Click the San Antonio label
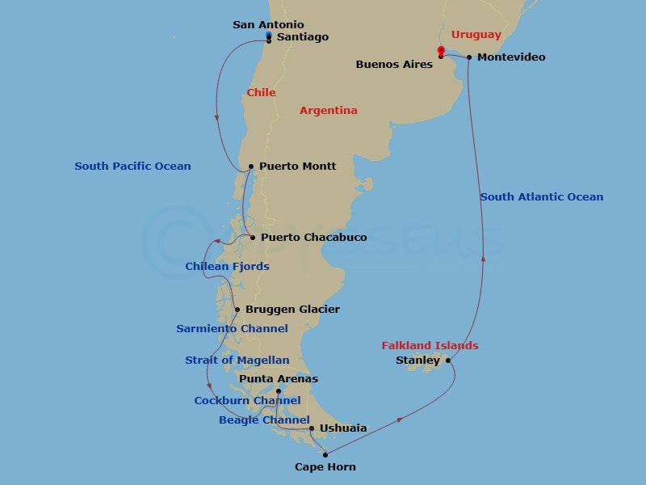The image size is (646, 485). click(x=268, y=25)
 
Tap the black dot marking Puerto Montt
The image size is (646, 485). click(x=251, y=167)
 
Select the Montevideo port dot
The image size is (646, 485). click(x=469, y=57)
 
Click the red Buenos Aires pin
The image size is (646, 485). click(x=440, y=51)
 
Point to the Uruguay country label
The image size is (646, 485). click(x=476, y=35)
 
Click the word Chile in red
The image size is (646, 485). click(x=261, y=93)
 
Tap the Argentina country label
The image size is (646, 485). click(x=328, y=110)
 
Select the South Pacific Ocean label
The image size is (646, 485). click(x=132, y=167)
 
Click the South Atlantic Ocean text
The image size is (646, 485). click(x=541, y=196)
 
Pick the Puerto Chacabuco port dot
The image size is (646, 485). click(x=253, y=238)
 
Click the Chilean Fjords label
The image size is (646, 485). click(x=227, y=266)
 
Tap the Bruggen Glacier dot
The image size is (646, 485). click(x=237, y=310)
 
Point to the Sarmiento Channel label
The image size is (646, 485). click(x=232, y=329)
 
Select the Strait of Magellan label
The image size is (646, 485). click(x=237, y=360)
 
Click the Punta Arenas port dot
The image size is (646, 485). click(x=279, y=391)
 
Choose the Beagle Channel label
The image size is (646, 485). click(x=264, y=420)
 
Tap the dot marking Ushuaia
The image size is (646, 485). click(x=312, y=429)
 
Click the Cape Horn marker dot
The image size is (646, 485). click(x=325, y=455)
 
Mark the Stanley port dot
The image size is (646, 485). click(x=447, y=361)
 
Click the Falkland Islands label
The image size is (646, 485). click(x=430, y=346)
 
